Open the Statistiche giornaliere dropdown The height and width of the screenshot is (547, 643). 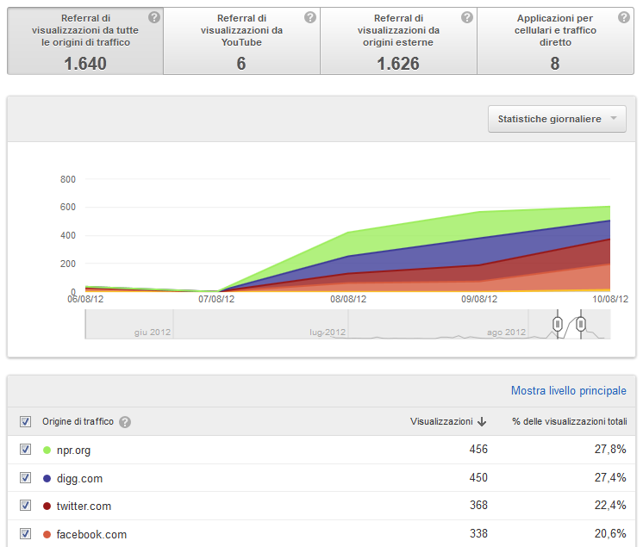coord(557,119)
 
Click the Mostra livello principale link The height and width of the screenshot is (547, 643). coord(568,390)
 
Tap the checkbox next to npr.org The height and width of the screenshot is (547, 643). coord(25,450)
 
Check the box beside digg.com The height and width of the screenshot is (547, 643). coord(25,478)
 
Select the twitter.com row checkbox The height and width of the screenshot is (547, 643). coord(25,506)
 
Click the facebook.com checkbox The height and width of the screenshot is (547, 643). coord(25,533)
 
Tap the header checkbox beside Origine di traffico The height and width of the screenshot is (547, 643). coord(25,421)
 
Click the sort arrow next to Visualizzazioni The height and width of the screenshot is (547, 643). coord(482,421)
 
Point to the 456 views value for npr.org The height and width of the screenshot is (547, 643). coord(478,449)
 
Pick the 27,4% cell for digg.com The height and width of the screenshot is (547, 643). coord(610,478)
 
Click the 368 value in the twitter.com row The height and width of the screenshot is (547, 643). coord(478,505)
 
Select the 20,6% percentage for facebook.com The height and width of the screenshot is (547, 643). coord(610,533)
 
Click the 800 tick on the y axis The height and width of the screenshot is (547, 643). coord(68,179)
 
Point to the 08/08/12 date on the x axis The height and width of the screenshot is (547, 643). coord(348,299)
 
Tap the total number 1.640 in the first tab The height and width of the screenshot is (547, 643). coord(85,64)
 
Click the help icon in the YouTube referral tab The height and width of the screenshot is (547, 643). coord(310,17)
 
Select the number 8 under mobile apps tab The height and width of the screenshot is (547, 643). coord(555,64)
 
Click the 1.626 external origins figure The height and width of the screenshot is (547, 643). coord(398,64)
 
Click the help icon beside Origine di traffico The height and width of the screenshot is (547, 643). coord(125,422)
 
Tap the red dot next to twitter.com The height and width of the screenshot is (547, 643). coord(47,506)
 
